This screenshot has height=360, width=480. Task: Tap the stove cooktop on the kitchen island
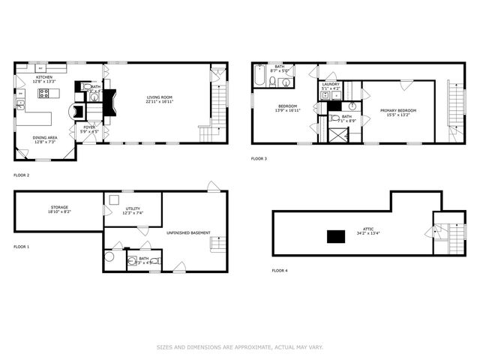43,94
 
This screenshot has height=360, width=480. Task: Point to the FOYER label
89,127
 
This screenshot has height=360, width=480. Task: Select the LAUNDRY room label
331,84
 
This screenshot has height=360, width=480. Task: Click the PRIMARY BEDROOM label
397,110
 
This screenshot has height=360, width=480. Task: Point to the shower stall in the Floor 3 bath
338,135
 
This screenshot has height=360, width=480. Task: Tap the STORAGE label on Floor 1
60,207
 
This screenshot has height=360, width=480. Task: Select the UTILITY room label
133,209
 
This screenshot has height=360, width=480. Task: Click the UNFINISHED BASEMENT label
188,232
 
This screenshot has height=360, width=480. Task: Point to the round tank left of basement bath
110,256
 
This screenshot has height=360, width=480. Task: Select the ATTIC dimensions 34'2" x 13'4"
367,233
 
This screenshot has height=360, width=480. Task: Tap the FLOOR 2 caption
21,175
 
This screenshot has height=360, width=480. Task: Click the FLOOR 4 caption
279,270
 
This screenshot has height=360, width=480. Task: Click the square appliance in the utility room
113,199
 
